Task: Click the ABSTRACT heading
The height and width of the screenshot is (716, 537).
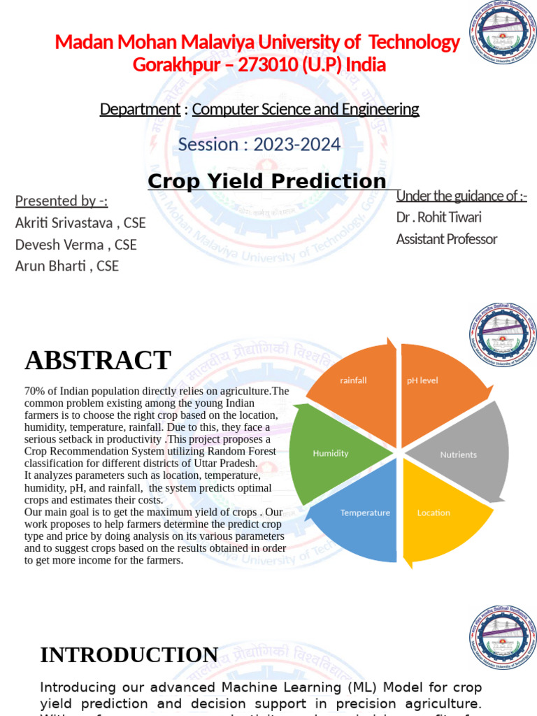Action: click(98, 361)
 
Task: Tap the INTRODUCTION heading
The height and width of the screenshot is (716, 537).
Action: click(129, 655)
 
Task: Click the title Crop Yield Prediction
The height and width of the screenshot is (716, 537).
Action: click(267, 182)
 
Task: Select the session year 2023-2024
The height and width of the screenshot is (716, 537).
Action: click(297, 145)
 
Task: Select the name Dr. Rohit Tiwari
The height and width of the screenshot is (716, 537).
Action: click(439, 217)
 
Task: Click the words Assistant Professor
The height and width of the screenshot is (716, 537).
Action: click(447, 239)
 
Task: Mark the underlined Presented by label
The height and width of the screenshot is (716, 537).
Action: click(62, 201)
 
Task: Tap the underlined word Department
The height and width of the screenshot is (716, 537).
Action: click(140, 109)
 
